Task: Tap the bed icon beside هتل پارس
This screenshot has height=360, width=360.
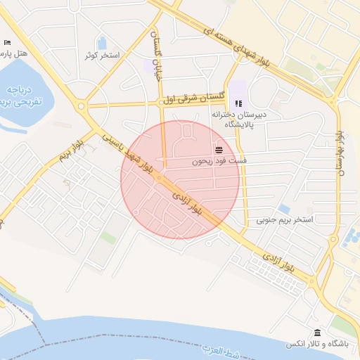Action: point(7,42)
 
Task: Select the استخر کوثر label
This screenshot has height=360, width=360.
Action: point(103,55)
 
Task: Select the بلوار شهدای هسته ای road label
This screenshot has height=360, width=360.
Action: point(236,41)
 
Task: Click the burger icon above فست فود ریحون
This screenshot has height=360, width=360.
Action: point(219,150)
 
